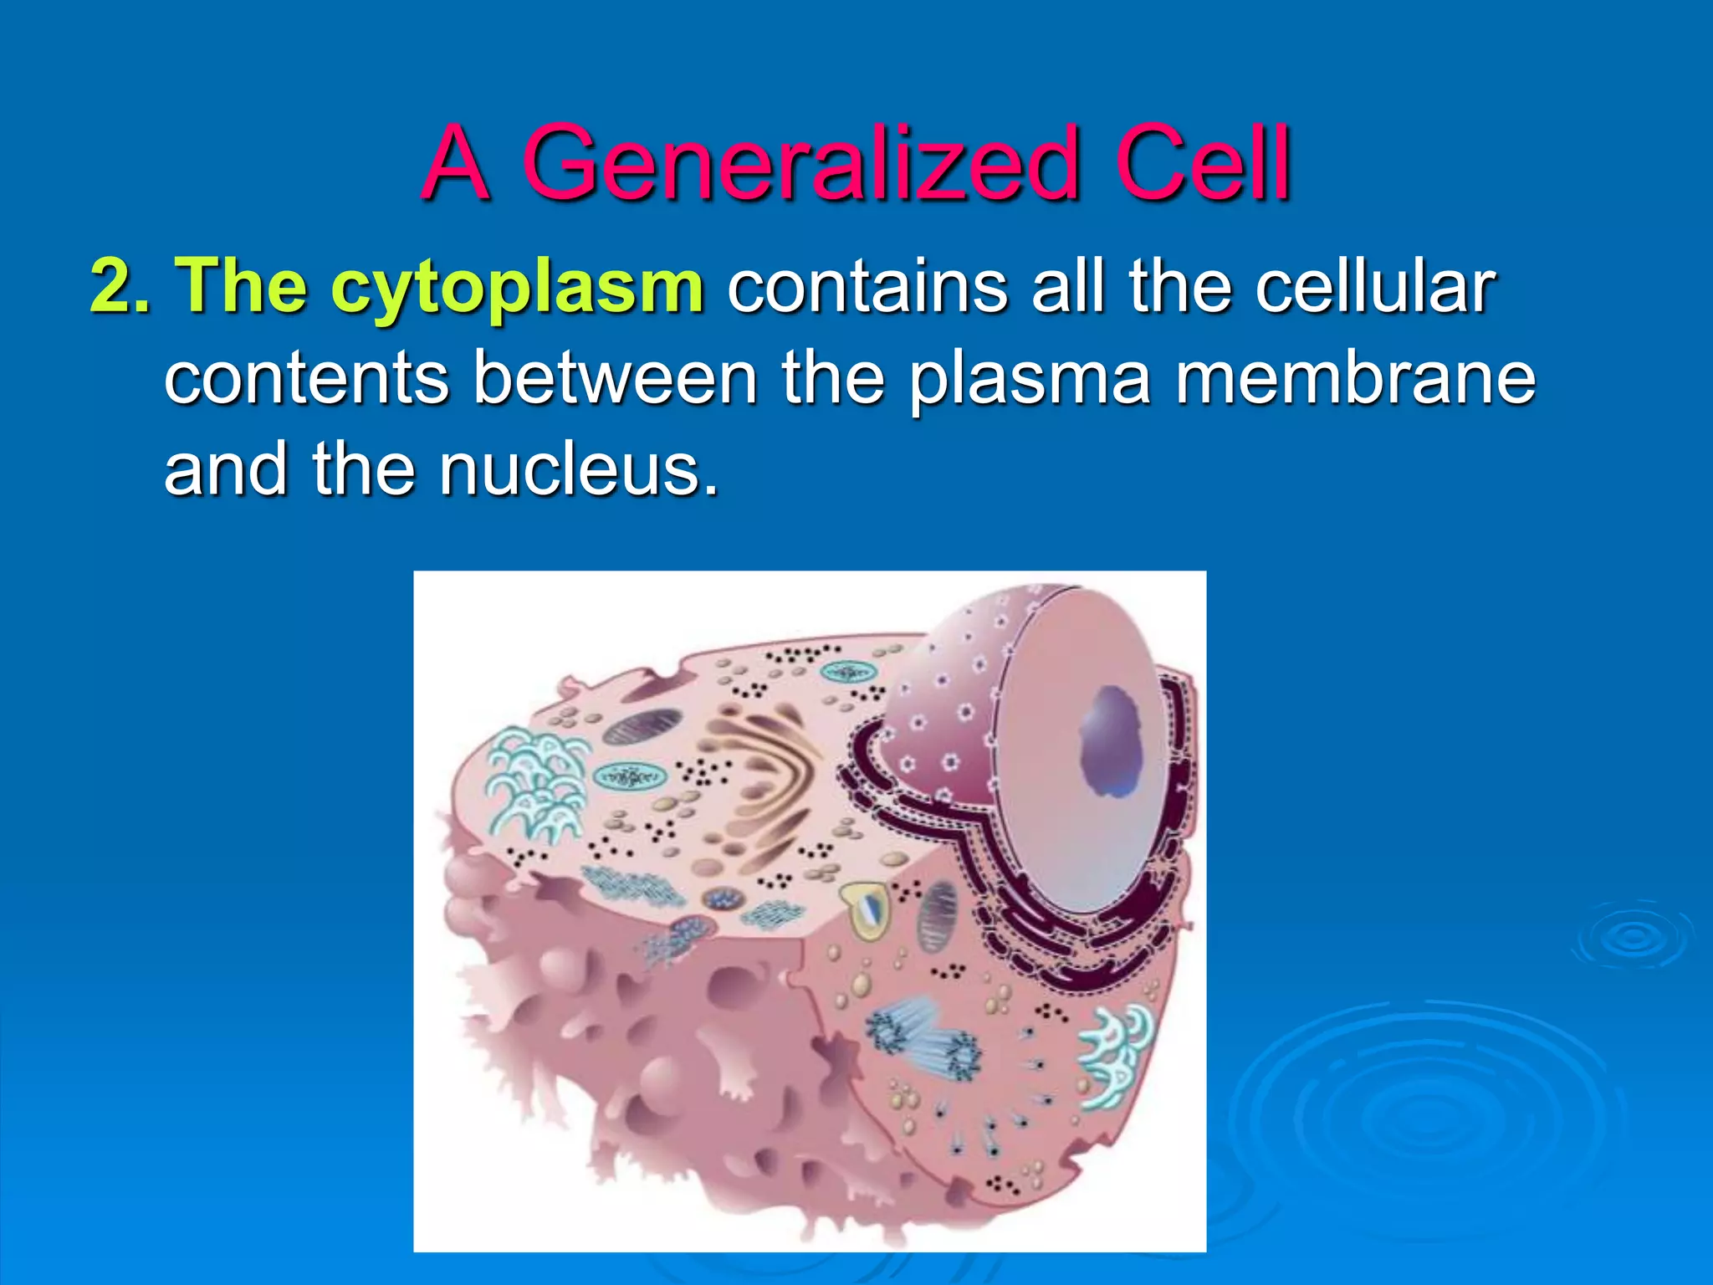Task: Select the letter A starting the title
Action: [x=456, y=163]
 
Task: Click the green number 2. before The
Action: [x=120, y=287]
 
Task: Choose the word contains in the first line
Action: [x=867, y=287]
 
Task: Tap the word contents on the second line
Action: [x=307, y=378]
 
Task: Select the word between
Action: [x=615, y=378]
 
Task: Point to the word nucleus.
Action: [x=577, y=469]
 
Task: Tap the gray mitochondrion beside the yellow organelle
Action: [x=937, y=916]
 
